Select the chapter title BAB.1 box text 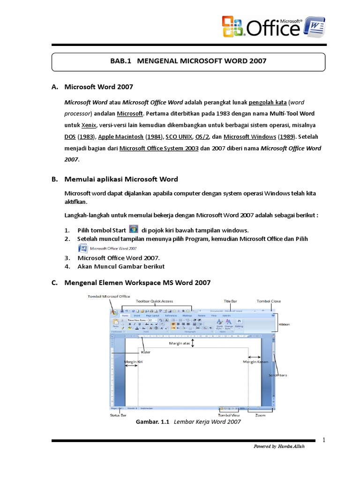(x=188, y=61)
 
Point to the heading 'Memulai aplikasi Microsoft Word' (x=121, y=179)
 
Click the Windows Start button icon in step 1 (x=134, y=229)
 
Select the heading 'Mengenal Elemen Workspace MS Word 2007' (x=137, y=282)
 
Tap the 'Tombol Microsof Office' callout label (x=109, y=296)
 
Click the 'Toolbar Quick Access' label (x=154, y=301)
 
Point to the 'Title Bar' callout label (x=230, y=301)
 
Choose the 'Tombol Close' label (x=269, y=301)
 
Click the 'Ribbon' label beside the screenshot (x=285, y=324)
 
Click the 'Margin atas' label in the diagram (x=179, y=343)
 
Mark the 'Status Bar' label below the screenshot (x=117, y=415)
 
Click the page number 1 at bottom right (x=323, y=440)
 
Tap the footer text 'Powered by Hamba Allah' (x=278, y=446)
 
